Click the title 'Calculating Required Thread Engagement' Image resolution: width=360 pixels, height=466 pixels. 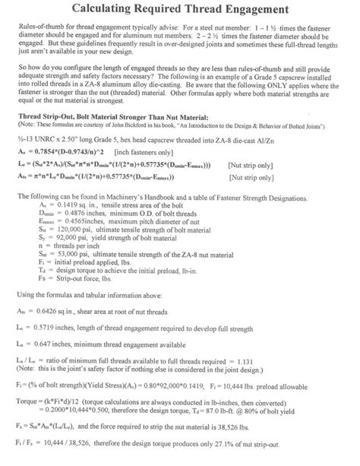pos(179,10)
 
